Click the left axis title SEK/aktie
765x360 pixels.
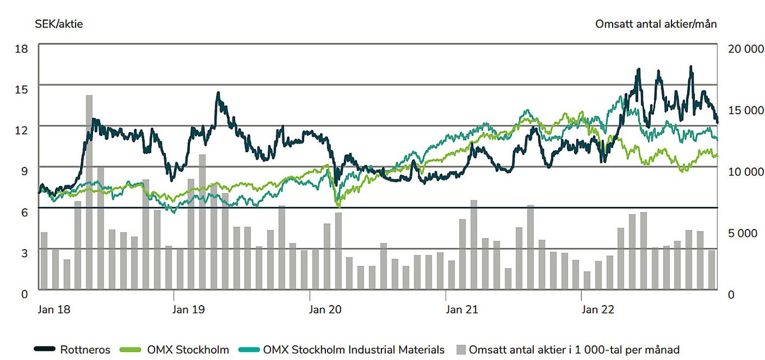pos(59,24)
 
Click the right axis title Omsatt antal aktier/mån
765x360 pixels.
pos(656,24)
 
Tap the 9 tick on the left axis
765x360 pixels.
pos(24,170)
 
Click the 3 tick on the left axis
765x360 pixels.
pos(24,253)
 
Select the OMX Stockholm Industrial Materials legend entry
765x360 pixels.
pos(342,350)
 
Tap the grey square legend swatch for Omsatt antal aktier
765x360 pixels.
pos(461,350)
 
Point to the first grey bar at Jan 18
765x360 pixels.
pos(44,260)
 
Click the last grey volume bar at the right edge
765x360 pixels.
pos(711,269)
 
